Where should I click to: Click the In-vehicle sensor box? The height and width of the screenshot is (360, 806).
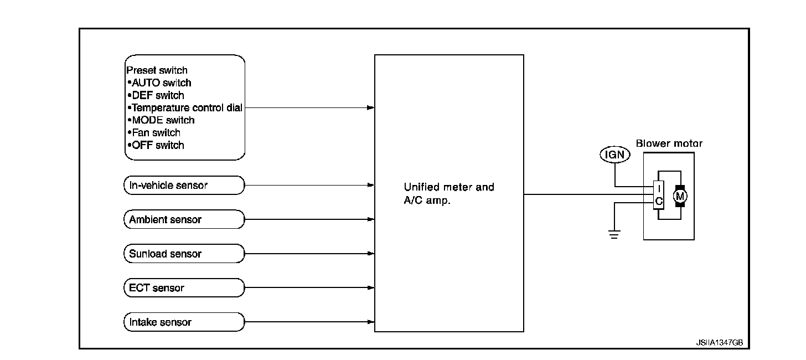coord(183,186)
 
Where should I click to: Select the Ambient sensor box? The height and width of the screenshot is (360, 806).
coord(183,219)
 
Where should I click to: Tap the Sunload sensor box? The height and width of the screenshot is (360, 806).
coord(183,254)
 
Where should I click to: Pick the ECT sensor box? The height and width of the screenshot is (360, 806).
coord(183,288)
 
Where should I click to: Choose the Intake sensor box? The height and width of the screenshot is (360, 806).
coord(183,322)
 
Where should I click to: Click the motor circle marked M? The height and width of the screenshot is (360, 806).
coord(679,196)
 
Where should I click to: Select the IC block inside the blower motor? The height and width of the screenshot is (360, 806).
coord(658,195)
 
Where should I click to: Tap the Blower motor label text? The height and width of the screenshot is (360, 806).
coord(669,143)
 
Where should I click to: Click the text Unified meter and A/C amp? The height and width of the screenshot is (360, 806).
coord(448,194)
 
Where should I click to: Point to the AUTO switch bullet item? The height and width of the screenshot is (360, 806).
coord(159,83)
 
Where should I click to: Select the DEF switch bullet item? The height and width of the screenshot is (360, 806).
coord(156,95)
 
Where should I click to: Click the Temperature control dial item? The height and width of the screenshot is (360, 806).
coord(185,108)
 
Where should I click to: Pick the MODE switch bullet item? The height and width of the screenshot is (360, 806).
coord(161,120)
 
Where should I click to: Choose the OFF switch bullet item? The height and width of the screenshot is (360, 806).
coord(156,145)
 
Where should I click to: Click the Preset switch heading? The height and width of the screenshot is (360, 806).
coord(157,70)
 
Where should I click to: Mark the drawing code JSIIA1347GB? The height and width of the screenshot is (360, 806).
coord(719,343)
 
